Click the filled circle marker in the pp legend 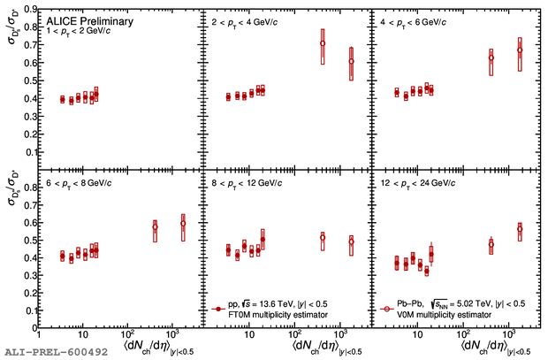[x=217, y=307]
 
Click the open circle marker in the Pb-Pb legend [x=385, y=307]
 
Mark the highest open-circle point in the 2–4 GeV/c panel [x=323, y=43]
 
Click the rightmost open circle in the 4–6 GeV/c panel [x=520, y=50]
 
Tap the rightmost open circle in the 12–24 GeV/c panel [x=520, y=229]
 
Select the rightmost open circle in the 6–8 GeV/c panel [x=183, y=224]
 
